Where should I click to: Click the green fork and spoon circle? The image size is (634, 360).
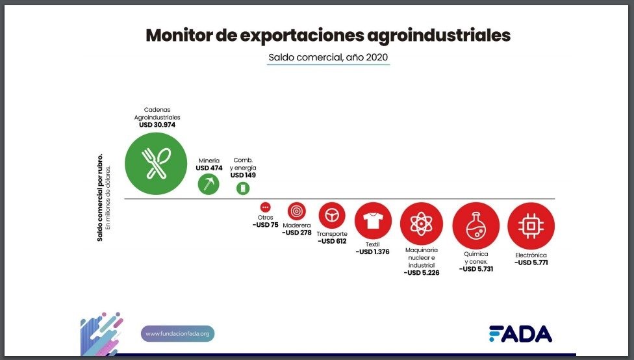(x=156, y=164)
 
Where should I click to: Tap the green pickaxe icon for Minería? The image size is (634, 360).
(x=209, y=184)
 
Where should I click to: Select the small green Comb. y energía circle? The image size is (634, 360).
(x=243, y=188)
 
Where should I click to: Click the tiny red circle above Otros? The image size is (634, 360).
(x=265, y=207)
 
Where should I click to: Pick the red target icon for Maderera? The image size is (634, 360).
(x=297, y=211)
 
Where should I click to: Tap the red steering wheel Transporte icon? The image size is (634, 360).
(x=332, y=216)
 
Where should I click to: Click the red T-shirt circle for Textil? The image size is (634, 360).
(x=373, y=221)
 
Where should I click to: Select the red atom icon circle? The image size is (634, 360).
(x=422, y=224)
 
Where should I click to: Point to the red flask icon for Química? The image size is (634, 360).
(x=476, y=225)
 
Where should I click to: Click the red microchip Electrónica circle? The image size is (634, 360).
(x=531, y=225)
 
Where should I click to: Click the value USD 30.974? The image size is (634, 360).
(x=157, y=125)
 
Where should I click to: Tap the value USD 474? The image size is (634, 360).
(x=209, y=168)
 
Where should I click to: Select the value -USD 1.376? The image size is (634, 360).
(x=372, y=251)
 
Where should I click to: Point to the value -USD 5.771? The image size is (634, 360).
(x=531, y=263)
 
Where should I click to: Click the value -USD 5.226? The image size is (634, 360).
(x=422, y=273)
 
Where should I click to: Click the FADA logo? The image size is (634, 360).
(x=520, y=334)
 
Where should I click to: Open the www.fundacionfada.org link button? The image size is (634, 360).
(x=177, y=334)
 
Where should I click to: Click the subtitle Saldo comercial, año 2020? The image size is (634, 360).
(x=328, y=57)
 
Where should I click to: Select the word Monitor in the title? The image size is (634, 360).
(x=178, y=35)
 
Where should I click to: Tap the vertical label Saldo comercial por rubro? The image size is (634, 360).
(x=100, y=198)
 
